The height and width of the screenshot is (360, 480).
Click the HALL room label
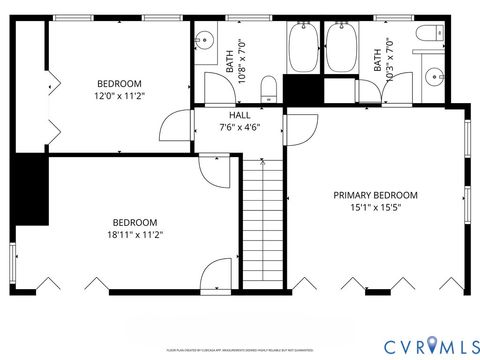click(x=239, y=115)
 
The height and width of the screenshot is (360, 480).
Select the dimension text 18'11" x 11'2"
click(x=134, y=235)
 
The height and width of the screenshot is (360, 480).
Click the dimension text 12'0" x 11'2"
click(x=119, y=97)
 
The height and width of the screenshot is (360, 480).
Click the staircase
click(x=263, y=220)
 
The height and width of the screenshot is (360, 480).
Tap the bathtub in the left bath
click(x=302, y=49)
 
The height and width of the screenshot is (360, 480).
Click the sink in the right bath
click(x=435, y=76)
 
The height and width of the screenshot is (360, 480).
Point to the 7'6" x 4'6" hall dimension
click(x=239, y=128)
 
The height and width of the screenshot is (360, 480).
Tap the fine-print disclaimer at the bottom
click(x=240, y=351)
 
